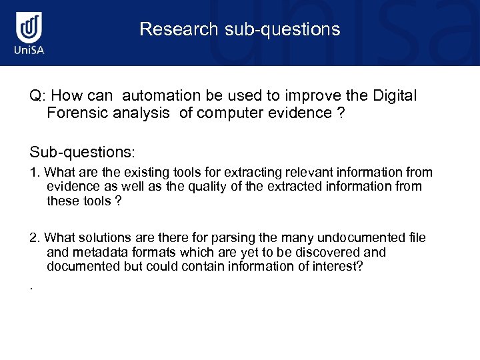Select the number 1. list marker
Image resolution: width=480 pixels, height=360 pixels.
point(35,173)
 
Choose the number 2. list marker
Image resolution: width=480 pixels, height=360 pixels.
point(35,238)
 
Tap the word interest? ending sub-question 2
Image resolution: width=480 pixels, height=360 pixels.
point(341,266)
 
